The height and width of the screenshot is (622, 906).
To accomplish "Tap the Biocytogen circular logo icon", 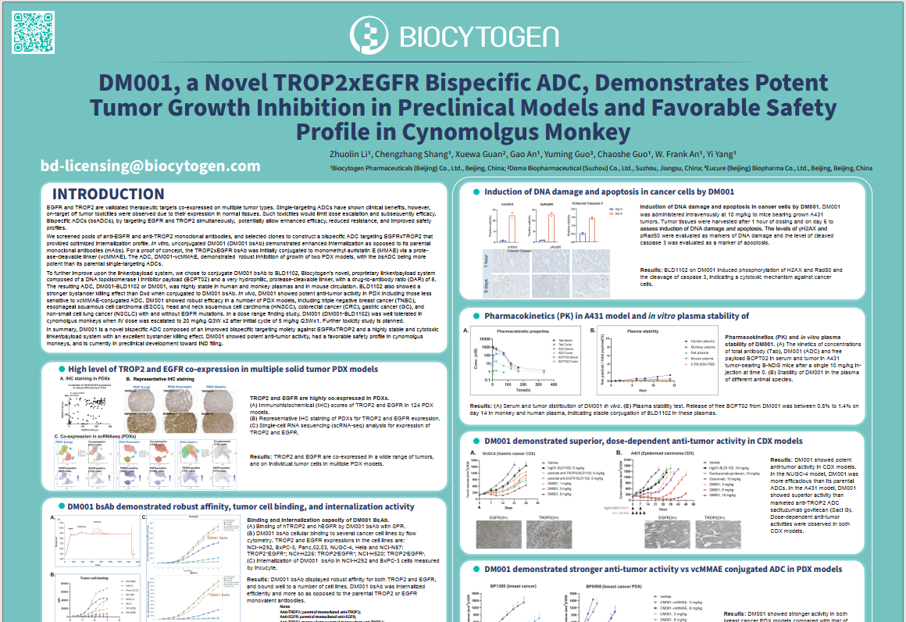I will tap(369, 34).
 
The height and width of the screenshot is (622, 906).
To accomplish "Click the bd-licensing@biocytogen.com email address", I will tap(151, 166).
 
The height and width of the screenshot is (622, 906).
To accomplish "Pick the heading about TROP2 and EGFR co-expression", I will tap(223, 369).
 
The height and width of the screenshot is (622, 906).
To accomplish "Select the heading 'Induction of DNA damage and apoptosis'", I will tap(609, 191).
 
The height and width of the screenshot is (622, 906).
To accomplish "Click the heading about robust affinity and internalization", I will tap(241, 506).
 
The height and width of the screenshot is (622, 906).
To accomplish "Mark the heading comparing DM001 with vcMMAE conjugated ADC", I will tap(663, 570).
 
